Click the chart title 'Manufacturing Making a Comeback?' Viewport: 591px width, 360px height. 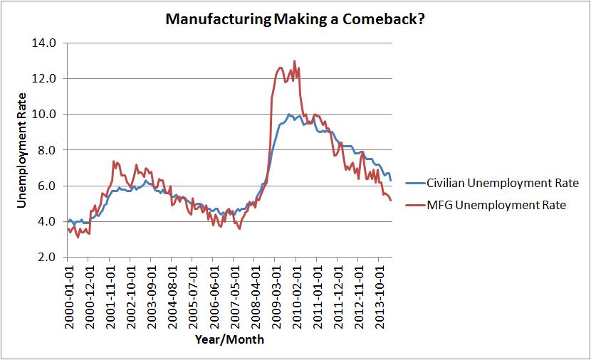(295, 19)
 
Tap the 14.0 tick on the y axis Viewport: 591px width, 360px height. (46, 43)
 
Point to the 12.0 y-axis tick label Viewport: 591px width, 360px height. (46, 78)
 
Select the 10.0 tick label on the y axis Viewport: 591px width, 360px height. (46, 114)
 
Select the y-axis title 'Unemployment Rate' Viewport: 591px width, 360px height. (21, 150)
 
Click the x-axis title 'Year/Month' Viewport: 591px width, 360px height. (229, 339)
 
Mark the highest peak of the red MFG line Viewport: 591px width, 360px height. (295, 61)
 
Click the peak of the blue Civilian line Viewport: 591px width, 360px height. (288, 114)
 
